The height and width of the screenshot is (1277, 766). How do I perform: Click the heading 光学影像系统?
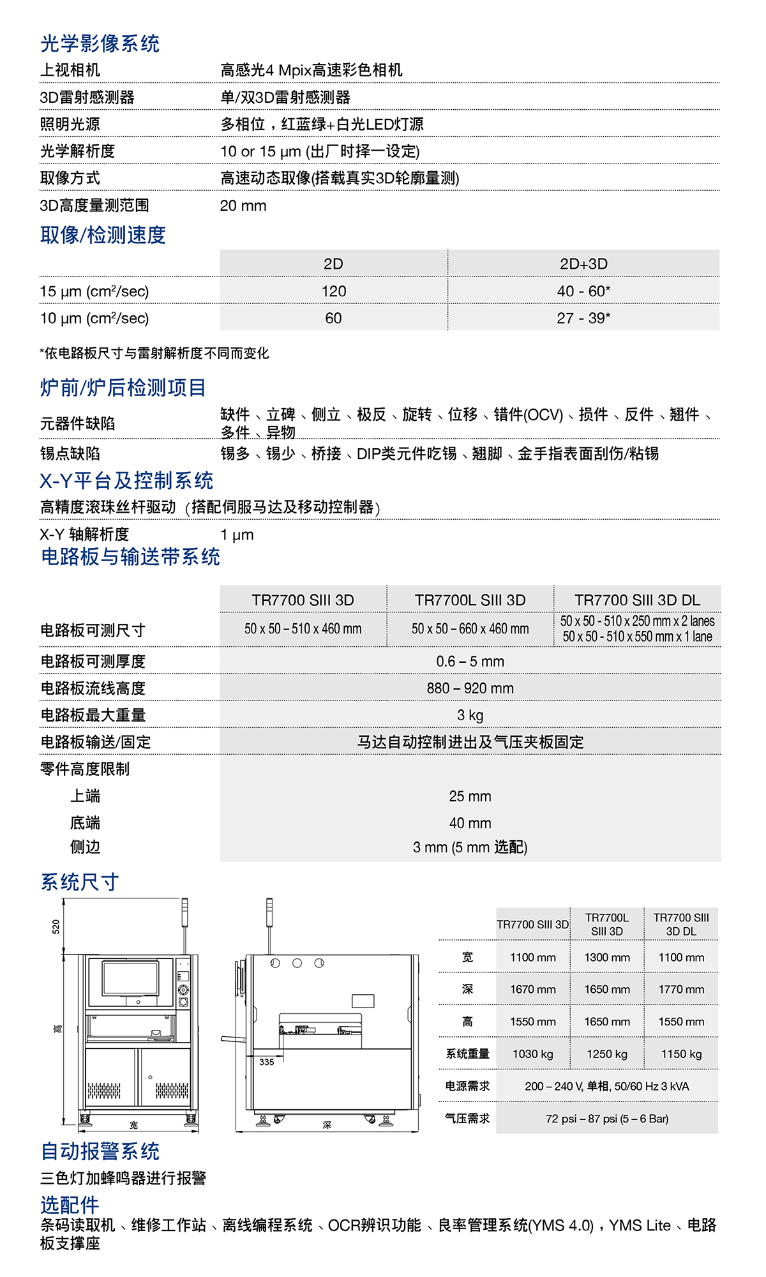pyautogui.click(x=100, y=43)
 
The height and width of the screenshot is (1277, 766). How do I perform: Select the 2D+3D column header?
pyautogui.click(x=583, y=264)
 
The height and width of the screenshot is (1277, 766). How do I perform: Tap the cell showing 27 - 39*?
pyautogui.click(x=583, y=318)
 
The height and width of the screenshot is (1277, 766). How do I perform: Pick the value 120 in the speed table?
pyautogui.click(x=333, y=291)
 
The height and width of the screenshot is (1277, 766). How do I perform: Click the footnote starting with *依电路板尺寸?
pyautogui.click(x=154, y=353)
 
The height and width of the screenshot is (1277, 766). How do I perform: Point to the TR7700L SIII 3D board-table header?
pyautogui.click(x=470, y=600)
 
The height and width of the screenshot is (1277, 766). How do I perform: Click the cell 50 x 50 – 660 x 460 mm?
pyautogui.click(x=470, y=629)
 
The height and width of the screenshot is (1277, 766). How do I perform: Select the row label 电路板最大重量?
pyautogui.click(x=93, y=715)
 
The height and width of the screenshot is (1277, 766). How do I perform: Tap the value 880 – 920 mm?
pyautogui.click(x=470, y=688)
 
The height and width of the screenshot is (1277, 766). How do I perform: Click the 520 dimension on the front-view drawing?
pyautogui.click(x=56, y=926)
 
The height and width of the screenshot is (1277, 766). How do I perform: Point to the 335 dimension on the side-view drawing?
pyautogui.click(x=267, y=1062)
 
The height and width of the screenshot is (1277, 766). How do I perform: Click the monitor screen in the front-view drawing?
pyautogui.click(x=130, y=978)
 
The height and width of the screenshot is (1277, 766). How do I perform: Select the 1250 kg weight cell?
pyautogui.click(x=607, y=1054)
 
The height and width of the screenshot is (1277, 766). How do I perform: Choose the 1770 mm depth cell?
pyautogui.click(x=681, y=989)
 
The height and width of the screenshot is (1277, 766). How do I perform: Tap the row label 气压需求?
pyautogui.click(x=467, y=1118)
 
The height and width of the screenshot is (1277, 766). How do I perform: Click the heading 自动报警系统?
pyautogui.click(x=100, y=1151)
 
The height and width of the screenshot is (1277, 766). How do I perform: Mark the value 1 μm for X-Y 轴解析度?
pyautogui.click(x=237, y=535)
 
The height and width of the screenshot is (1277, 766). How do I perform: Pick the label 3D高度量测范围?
pyautogui.click(x=94, y=206)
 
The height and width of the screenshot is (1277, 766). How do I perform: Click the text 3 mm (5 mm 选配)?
pyautogui.click(x=470, y=847)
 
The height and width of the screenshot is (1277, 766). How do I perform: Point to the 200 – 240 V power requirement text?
pyautogui.click(x=606, y=1086)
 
